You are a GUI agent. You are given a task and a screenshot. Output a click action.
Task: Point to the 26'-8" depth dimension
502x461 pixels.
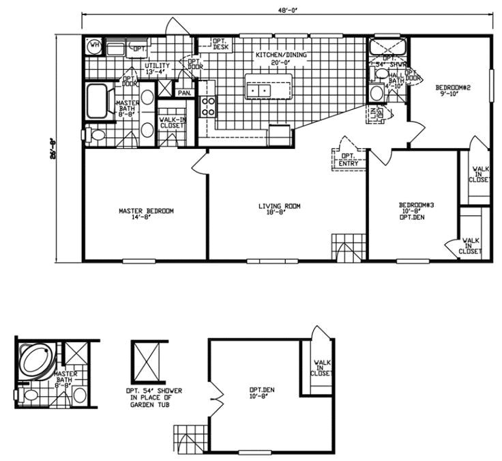[x=61, y=145]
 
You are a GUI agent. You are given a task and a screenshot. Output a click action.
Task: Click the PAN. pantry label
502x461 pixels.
[x=184, y=92]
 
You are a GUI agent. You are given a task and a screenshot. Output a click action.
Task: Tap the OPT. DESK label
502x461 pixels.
[x=221, y=44]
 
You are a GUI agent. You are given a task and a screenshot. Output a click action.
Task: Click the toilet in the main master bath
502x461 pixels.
[x=97, y=135]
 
